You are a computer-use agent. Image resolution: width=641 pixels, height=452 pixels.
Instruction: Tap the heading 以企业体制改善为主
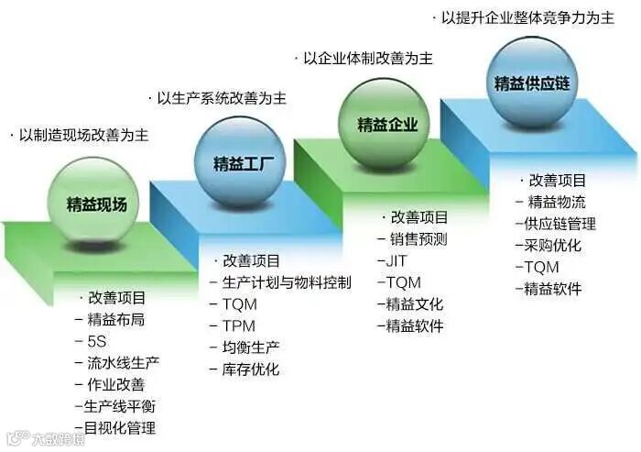367,58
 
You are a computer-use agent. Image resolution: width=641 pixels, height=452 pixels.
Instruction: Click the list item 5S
96,341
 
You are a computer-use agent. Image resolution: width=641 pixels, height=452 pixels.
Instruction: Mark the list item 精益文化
414,303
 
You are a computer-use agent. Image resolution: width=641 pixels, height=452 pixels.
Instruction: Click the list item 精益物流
558,202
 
